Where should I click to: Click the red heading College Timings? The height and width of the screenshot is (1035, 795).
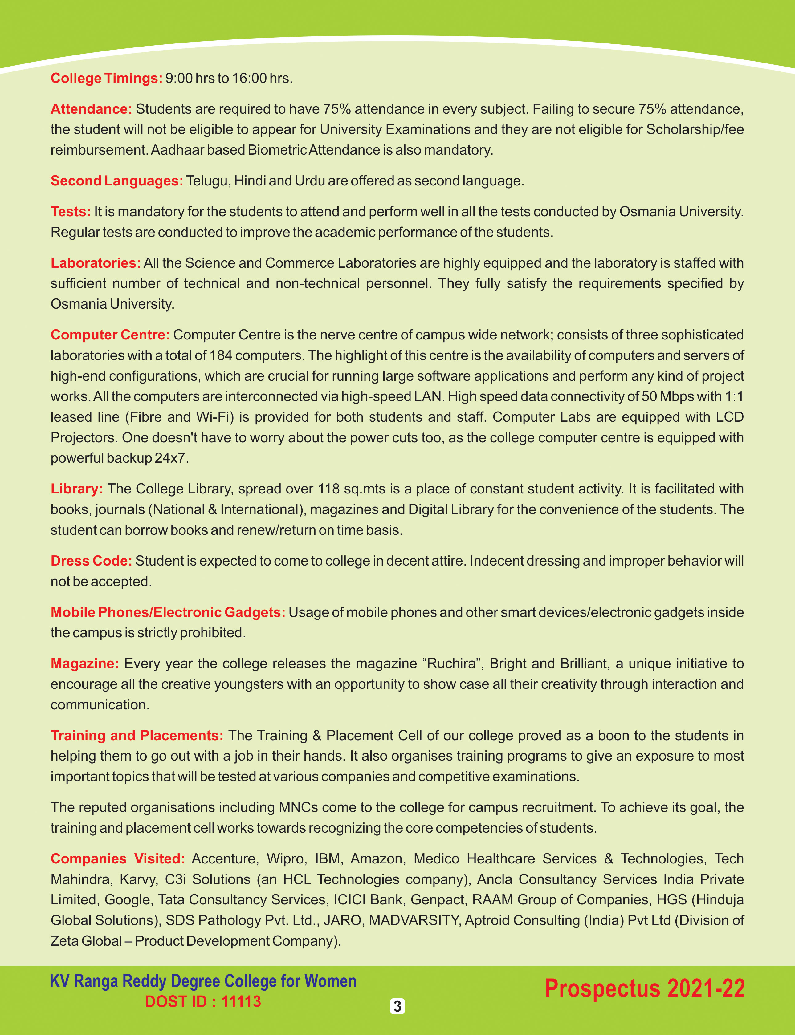tap(107, 78)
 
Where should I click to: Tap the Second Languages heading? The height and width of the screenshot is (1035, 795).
tap(117, 181)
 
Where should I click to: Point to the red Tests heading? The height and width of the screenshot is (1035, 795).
tap(71, 211)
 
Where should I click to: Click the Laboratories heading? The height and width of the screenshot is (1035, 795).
tap(96, 263)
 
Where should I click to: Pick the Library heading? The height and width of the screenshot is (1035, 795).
tap(77, 489)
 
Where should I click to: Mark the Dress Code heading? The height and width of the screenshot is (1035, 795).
tap(91, 561)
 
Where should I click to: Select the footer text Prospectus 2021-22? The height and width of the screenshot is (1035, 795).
tap(645, 989)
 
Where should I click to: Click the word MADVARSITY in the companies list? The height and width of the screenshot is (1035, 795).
tap(414, 920)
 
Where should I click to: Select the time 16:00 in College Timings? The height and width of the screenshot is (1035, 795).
tap(249, 78)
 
